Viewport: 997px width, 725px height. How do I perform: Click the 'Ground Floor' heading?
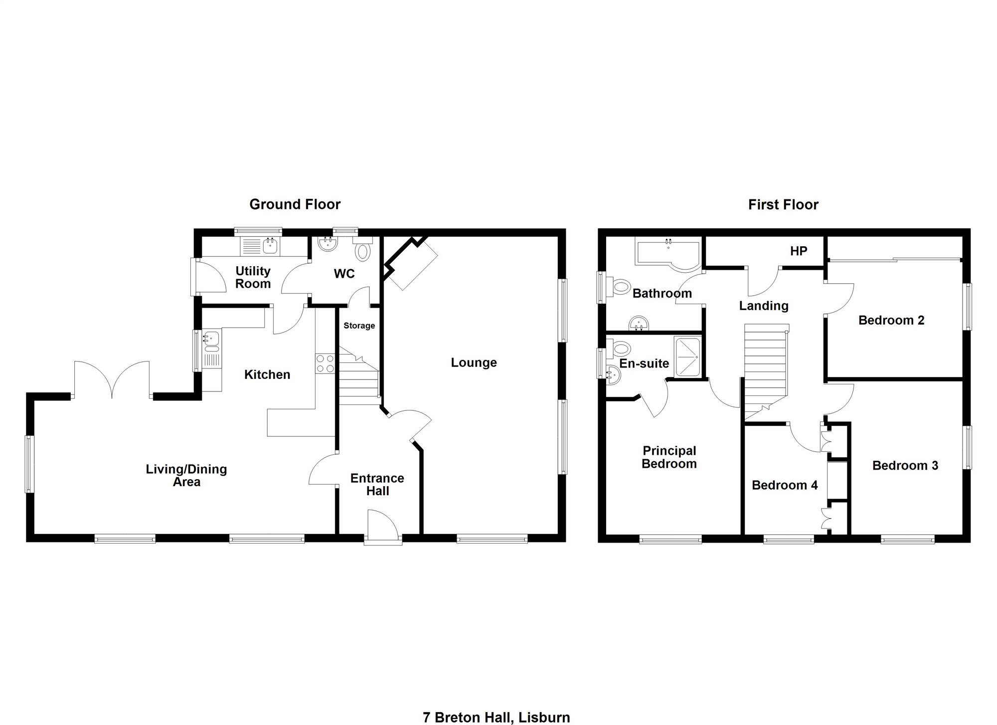295,204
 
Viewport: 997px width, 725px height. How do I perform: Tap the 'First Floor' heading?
783,204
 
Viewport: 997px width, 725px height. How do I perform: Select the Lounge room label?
474,363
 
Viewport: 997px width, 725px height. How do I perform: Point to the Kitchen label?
267,374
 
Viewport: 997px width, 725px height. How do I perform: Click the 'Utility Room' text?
253,277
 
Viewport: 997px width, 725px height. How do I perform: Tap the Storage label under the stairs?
359,326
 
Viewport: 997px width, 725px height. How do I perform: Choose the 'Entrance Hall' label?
377,485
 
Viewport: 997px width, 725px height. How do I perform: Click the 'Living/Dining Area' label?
186,475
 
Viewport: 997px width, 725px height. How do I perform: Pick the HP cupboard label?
799,251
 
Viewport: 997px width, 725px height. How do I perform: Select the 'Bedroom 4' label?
785,485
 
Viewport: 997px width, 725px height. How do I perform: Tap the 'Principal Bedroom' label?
669,457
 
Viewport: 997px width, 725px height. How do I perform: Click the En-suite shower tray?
687,357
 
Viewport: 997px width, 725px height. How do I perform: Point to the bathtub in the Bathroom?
668,254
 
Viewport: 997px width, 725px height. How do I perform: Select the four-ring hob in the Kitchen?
325,363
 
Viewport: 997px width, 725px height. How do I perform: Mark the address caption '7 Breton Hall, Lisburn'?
497,718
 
